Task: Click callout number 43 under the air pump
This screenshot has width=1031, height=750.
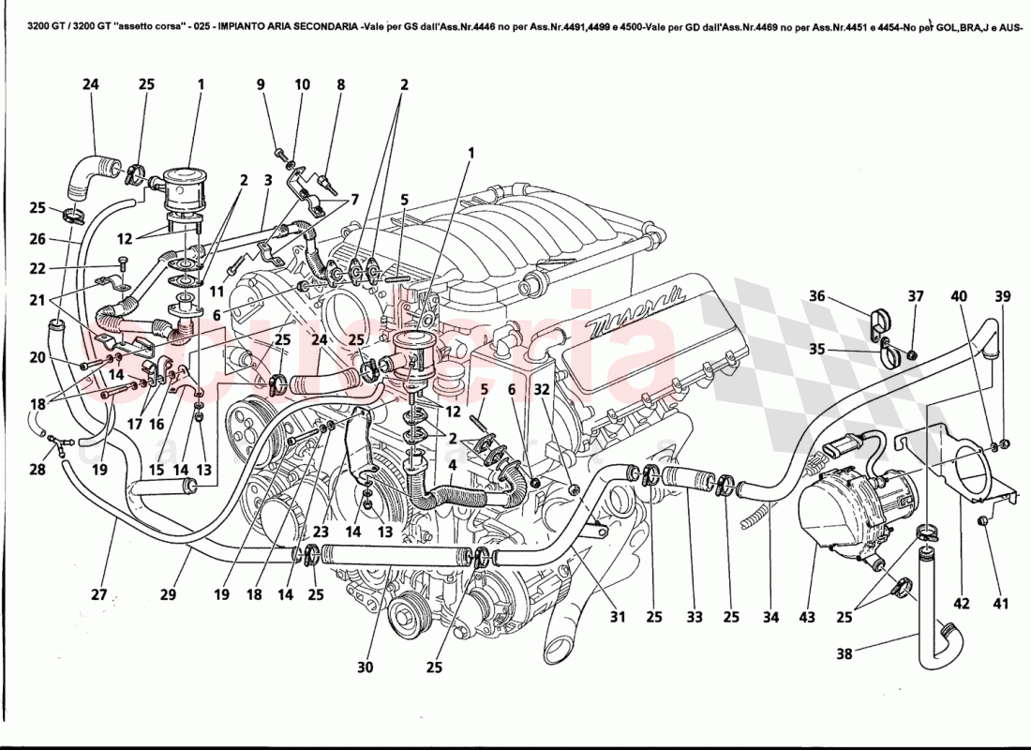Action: point(808,618)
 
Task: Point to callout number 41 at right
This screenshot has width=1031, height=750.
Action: point(1002,604)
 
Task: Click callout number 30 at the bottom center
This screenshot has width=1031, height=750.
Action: point(365,667)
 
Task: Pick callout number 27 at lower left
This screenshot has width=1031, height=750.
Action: point(100,593)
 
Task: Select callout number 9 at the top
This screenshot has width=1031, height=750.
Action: point(261,84)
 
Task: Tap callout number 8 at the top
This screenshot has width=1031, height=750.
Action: point(341,84)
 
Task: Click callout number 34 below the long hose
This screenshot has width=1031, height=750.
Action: point(770,618)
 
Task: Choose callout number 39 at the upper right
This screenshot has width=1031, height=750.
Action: point(1003,296)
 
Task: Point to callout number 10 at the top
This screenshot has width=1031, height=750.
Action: point(302,84)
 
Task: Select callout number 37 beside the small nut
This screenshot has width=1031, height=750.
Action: point(915,296)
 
